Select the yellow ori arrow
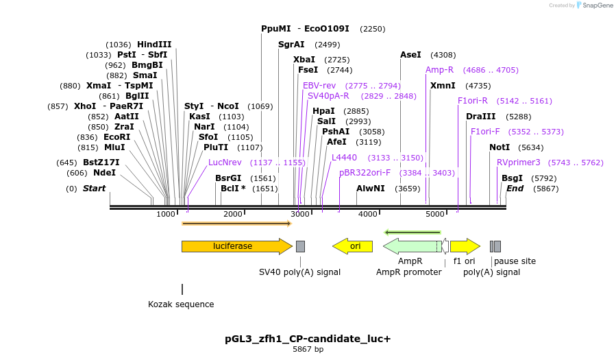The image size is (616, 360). [352, 246]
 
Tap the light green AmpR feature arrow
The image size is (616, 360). [411, 246]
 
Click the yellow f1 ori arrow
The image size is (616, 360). [465, 246]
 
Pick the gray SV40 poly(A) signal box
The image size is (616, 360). [300, 246]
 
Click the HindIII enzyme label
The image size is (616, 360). [154, 45]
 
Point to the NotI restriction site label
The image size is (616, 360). [500, 147]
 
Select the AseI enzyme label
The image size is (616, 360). [410, 55]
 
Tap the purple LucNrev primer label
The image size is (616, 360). [225, 163]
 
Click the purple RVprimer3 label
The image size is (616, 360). [519, 163]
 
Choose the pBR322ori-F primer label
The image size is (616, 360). [365, 173]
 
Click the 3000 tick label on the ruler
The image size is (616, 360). [301, 215]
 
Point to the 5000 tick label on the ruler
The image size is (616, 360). [436, 215]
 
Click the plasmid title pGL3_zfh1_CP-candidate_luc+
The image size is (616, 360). [308, 339]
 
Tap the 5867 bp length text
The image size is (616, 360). [308, 350]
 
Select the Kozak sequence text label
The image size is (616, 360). [181, 304]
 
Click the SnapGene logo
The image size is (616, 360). [595, 5]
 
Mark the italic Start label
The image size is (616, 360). [95, 189]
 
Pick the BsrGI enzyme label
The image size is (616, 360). [228, 178]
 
